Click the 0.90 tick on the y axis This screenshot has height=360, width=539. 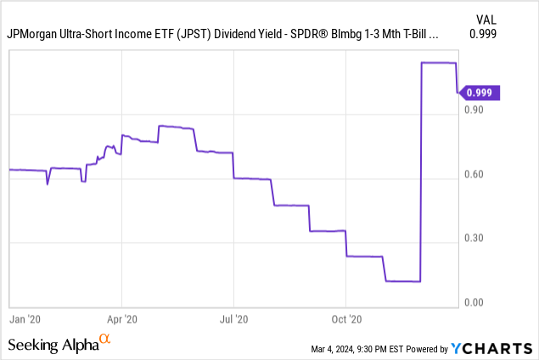coord(474,110)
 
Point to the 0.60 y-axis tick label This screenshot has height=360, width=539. coord(474,175)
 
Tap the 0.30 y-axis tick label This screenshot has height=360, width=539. coord(474,239)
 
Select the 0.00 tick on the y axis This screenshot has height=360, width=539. coord(474,303)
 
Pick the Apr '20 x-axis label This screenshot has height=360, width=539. coord(123,319)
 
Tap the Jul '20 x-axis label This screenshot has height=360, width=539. coord(234,319)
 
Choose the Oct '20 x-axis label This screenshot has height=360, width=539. coord(346,319)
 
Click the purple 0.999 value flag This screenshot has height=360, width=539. coord(481,93)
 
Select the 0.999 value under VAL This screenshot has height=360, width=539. coord(483,34)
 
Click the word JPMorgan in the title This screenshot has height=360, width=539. coord(33,35)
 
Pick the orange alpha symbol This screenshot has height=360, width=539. coord(105,340)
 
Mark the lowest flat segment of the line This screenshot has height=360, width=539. coord(403,281)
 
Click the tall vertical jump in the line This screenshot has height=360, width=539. coord(422,170)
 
